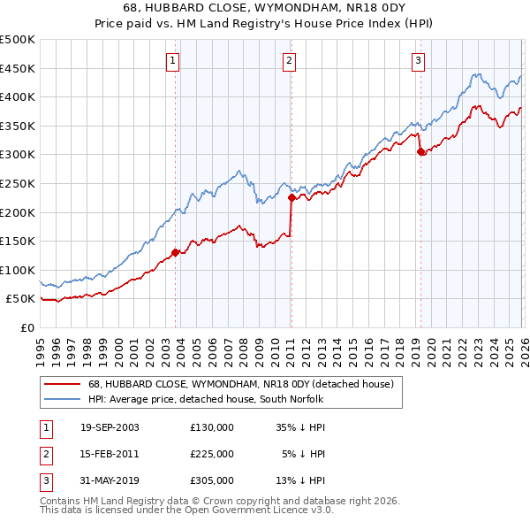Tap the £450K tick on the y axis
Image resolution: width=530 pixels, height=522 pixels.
tap(18, 68)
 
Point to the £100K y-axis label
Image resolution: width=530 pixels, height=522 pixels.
tap(18, 270)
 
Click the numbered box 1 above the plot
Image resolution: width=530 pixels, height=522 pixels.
tap(171, 61)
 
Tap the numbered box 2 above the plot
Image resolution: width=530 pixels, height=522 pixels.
tap(289, 61)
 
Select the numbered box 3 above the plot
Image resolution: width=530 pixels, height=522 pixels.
tap(417, 61)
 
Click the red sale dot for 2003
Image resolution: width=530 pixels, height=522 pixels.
tap(175, 252)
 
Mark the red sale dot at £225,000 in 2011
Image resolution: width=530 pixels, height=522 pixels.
tap(291, 198)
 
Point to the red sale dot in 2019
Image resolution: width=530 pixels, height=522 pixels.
tap(420, 151)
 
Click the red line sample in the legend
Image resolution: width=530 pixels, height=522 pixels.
tap(64, 384)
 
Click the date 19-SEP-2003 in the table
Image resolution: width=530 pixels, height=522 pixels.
tap(110, 427)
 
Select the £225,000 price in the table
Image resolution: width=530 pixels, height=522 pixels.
tap(212, 454)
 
